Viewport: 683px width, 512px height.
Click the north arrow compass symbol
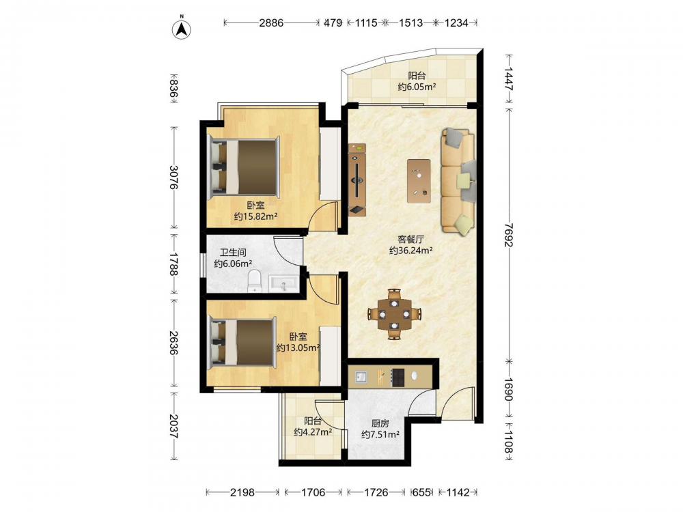(x=182, y=29)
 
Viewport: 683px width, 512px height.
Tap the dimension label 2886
(x=271, y=23)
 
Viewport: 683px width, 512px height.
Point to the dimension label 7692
(x=508, y=235)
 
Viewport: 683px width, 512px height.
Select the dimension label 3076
(x=173, y=177)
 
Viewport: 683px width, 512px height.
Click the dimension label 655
(x=421, y=492)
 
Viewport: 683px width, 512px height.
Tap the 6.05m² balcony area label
(x=417, y=87)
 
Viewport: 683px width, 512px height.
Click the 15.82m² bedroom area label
(x=255, y=216)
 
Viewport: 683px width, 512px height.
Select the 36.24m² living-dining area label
(x=410, y=251)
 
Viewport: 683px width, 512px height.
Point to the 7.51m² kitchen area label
(x=380, y=434)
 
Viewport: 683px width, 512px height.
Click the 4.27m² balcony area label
(x=313, y=432)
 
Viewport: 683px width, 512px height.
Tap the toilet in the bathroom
(x=254, y=281)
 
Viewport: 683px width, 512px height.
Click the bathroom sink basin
(x=284, y=283)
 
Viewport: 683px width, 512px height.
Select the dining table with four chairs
(x=394, y=314)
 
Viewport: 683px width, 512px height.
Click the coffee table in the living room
(x=419, y=181)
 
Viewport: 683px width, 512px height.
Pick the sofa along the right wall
(x=458, y=182)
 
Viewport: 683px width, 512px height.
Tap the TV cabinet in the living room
(x=357, y=180)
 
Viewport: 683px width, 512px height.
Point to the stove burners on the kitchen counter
(x=398, y=378)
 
